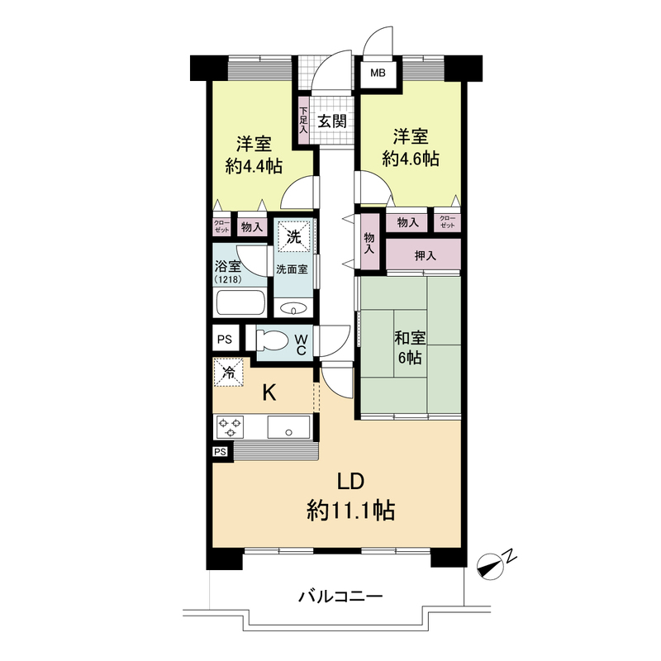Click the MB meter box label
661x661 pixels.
click(x=378, y=73)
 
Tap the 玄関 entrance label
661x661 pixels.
click(x=332, y=121)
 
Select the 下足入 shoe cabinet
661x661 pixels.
click(x=303, y=121)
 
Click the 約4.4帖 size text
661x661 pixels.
click(x=254, y=167)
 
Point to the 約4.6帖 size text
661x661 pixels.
click(x=411, y=159)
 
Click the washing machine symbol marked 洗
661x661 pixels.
click(x=294, y=237)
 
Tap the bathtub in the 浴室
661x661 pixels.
click(x=240, y=302)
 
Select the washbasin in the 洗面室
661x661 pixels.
click(x=293, y=309)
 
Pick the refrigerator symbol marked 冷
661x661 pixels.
click(x=229, y=373)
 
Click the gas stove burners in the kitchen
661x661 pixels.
click(x=230, y=427)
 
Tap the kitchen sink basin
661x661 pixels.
click(x=288, y=427)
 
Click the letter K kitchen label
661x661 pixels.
click(x=269, y=394)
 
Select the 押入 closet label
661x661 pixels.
click(x=425, y=255)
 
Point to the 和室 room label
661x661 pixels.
click(x=410, y=338)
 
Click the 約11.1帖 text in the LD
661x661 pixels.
click(x=350, y=511)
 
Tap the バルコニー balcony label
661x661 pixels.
click(x=340, y=596)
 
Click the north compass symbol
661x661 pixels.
click(x=491, y=565)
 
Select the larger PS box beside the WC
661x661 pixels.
click(x=225, y=338)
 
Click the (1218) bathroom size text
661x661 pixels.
click(x=228, y=279)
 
